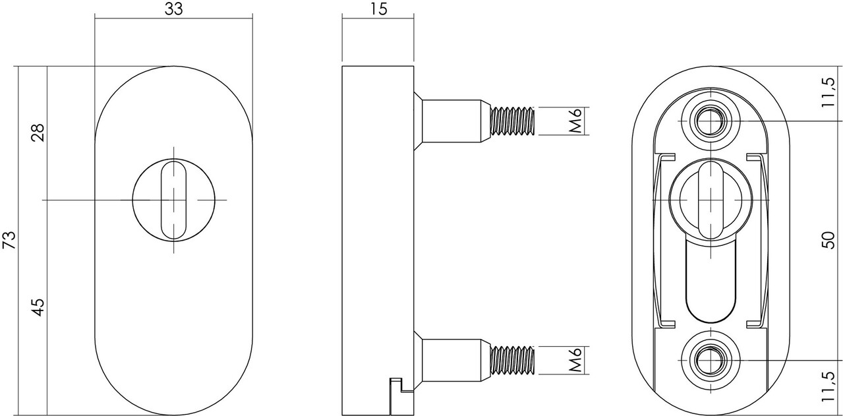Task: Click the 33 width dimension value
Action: point(173,9)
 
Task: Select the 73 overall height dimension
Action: point(9,240)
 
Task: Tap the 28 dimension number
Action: point(38,134)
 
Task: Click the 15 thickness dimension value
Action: point(378,9)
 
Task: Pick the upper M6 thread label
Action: point(575,121)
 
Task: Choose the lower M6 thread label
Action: point(575,361)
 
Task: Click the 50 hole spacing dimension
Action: point(832,241)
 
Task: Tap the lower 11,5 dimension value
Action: point(832,388)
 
